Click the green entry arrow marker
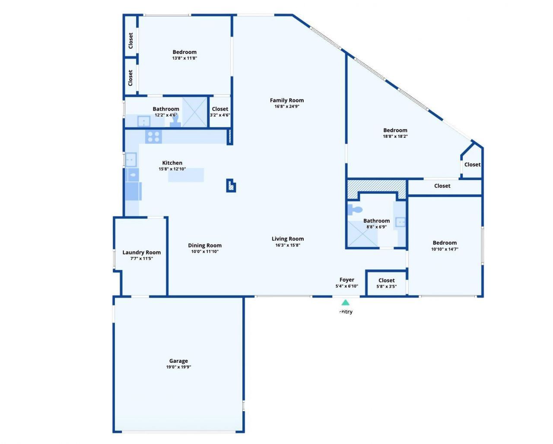(x=345, y=302)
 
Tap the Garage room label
(x=178, y=361)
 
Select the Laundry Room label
(x=141, y=252)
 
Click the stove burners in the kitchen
(x=153, y=136)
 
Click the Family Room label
(x=287, y=100)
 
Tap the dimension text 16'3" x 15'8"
(x=288, y=245)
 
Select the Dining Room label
(x=205, y=245)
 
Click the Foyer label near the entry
(x=347, y=280)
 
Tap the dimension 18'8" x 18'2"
(x=395, y=136)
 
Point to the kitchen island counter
(x=186, y=175)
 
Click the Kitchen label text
(x=172, y=163)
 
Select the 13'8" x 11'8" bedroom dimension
(x=184, y=58)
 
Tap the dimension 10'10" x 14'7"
(x=445, y=249)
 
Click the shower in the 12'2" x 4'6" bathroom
(x=194, y=112)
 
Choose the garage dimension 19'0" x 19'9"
(x=178, y=367)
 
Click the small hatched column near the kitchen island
(x=231, y=186)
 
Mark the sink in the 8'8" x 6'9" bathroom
(x=401, y=222)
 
